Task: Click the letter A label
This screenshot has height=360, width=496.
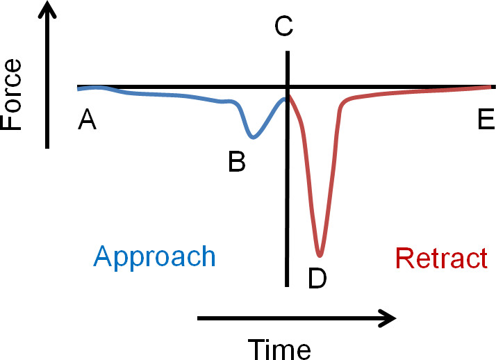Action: point(87,119)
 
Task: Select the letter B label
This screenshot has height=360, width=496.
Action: point(237,161)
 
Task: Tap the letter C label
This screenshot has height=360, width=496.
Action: point(283,26)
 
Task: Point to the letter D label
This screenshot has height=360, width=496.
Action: point(317,278)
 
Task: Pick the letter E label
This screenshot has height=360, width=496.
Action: point(486,119)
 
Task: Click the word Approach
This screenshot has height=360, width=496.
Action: point(154,258)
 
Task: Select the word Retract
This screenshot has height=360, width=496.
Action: point(441,258)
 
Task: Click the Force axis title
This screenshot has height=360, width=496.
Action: point(11,95)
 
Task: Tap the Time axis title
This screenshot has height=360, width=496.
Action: point(279,350)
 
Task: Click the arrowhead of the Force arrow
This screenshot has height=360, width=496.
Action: point(47,9)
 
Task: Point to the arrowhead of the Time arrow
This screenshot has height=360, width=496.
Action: point(388,318)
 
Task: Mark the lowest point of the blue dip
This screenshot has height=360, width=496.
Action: point(253,138)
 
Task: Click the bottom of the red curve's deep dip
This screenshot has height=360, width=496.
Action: point(320,255)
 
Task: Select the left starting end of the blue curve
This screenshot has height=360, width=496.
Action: point(78,90)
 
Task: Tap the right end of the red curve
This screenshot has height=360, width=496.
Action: point(493,86)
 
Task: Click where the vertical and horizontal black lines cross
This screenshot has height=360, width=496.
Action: point(287,87)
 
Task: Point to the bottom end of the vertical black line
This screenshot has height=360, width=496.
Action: point(287,286)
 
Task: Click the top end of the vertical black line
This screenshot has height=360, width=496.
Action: point(288,51)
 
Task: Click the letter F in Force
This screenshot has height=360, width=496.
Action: point(11,123)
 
